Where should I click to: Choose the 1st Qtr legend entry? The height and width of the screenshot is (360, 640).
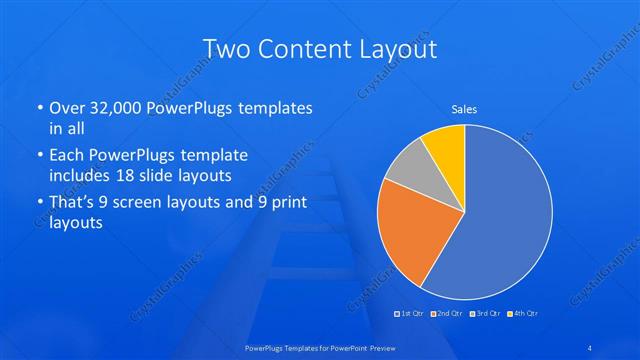[409, 315]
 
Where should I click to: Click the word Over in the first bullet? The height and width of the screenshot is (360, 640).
[68, 108]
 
